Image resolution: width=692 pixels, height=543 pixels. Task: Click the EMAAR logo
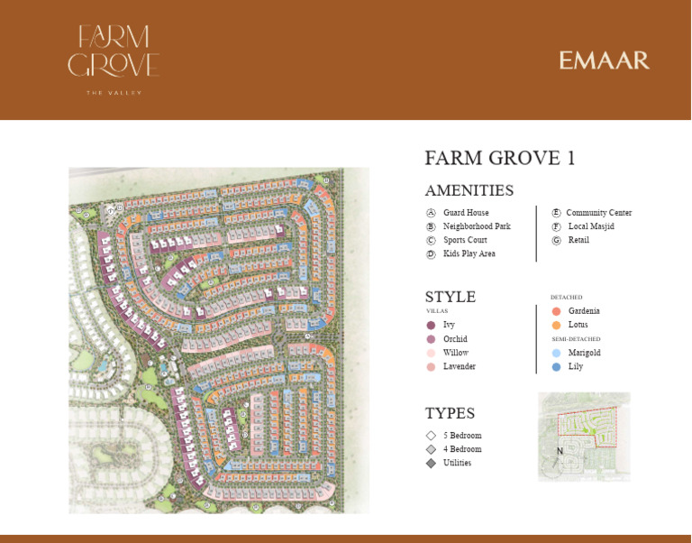click(604, 60)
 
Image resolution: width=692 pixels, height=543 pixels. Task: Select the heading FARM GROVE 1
click(500, 159)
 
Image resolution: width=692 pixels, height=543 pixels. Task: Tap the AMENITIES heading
click(469, 190)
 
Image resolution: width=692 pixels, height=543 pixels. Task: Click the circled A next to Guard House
click(431, 213)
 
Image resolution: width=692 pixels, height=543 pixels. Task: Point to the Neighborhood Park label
click(477, 226)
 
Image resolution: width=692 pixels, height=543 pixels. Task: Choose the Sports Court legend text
click(465, 240)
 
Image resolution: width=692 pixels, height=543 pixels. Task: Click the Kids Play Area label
click(469, 253)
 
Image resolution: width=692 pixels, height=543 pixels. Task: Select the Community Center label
click(598, 213)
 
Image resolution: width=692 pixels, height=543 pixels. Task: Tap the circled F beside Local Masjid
click(557, 226)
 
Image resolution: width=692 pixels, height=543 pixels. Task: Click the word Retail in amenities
click(578, 240)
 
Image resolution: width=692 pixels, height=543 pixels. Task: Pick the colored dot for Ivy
click(431, 325)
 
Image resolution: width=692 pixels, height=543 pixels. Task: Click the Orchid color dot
click(431, 339)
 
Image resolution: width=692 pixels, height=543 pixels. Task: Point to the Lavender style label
click(459, 366)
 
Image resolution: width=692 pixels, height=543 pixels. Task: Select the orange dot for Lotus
click(557, 325)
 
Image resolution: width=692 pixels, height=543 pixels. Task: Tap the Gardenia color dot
click(557, 311)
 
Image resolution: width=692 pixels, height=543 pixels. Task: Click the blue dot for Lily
click(557, 367)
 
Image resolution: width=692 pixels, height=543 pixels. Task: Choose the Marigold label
click(584, 353)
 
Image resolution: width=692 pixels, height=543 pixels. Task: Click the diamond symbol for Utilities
click(431, 463)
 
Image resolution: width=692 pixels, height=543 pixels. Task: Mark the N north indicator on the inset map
click(560, 451)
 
